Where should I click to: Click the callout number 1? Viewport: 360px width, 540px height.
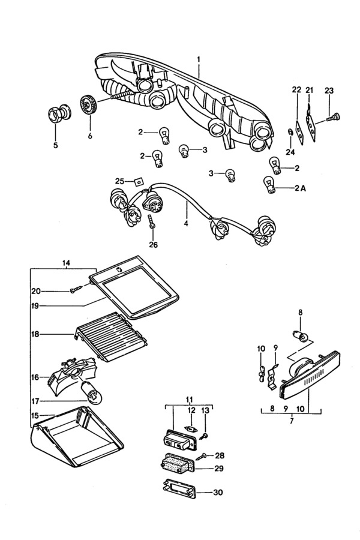tap(199, 59)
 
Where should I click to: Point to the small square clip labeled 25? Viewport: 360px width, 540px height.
tap(139, 181)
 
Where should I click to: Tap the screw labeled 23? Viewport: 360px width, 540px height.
tap(332, 118)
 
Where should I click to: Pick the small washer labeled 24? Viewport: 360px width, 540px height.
tap(290, 132)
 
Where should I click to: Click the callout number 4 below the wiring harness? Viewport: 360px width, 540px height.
tap(186, 224)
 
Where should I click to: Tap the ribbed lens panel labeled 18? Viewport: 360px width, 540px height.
tap(111, 336)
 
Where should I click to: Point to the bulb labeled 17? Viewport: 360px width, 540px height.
tap(91, 394)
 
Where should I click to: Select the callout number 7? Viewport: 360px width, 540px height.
tap(292, 421)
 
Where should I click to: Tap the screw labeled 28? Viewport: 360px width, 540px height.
tap(201, 457)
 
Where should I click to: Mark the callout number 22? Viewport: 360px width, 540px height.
tap(296, 90)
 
